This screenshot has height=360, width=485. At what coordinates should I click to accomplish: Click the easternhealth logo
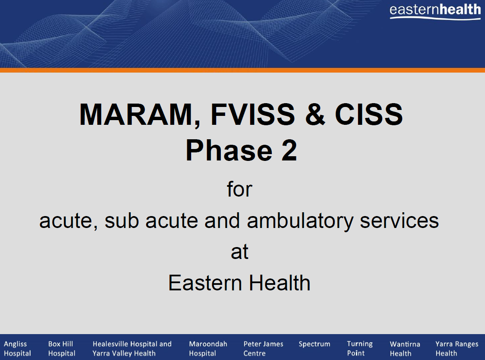click(x=435, y=11)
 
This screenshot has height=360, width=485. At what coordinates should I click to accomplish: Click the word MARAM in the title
click(x=137, y=115)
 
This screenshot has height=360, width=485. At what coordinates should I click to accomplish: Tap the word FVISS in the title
click(x=253, y=115)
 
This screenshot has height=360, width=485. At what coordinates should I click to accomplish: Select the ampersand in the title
click(x=315, y=115)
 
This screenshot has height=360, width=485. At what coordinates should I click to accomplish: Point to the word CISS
click(x=369, y=115)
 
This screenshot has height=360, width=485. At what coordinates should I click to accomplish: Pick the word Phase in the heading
click(x=229, y=151)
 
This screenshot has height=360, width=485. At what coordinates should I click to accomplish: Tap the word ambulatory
click(x=300, y=221)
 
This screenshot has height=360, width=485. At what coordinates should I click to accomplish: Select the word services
click(x=399, y=221)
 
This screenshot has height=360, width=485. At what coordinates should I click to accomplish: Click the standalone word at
click(x=240, y=252)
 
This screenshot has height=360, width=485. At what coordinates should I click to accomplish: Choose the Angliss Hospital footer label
click(x=17, y=348)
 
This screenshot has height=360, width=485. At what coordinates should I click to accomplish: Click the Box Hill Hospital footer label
click(x=62, y=348)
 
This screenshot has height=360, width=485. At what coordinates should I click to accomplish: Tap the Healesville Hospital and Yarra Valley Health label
click(x=132, y=348)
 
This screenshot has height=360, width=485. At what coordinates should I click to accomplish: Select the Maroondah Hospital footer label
click(x=208, y=348)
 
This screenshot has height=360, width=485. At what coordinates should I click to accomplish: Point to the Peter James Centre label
click(x=263, y=348)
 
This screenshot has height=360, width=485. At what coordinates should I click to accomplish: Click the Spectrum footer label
click(x=315, y=344)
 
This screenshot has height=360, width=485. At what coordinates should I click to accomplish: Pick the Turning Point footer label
click(x=360, y=348)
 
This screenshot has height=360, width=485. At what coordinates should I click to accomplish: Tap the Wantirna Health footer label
click(x=405, y=349)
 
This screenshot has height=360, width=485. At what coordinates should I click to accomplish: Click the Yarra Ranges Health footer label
click(x=457, y=349)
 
